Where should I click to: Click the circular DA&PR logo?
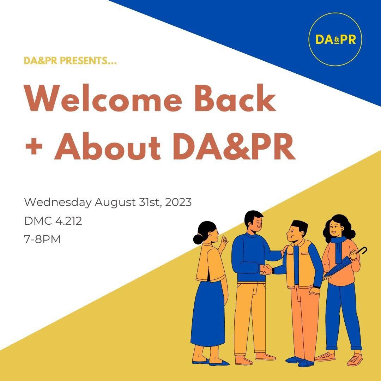coord(335,39)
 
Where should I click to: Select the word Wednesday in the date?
coord(58,203)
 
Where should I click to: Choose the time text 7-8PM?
coord(42,240)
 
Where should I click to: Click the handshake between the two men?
coord(266,270)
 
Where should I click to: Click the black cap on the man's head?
coord(300,225)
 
